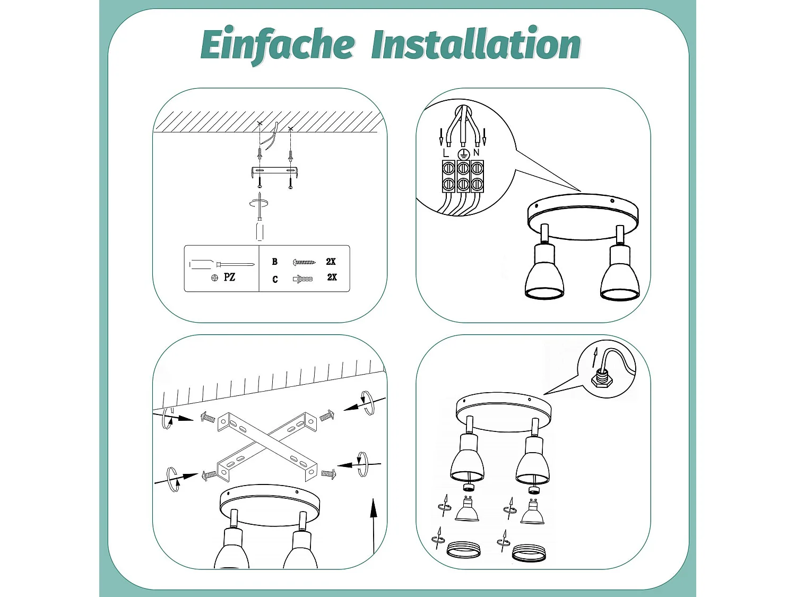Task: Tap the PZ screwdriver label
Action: coord(229,277)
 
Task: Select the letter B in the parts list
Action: coord(275,262)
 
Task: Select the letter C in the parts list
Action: coord(275,279)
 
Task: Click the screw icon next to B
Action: coord(304,262)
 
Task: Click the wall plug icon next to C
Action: coord(302,279)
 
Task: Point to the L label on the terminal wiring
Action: coord(445,153)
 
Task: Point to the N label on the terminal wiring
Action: coord(476,153)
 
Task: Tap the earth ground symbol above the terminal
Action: coord(463,154)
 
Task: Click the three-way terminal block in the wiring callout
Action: coord(463,176)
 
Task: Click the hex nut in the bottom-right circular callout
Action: coord(602,379)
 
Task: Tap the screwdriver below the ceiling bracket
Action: coord(259,223)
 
